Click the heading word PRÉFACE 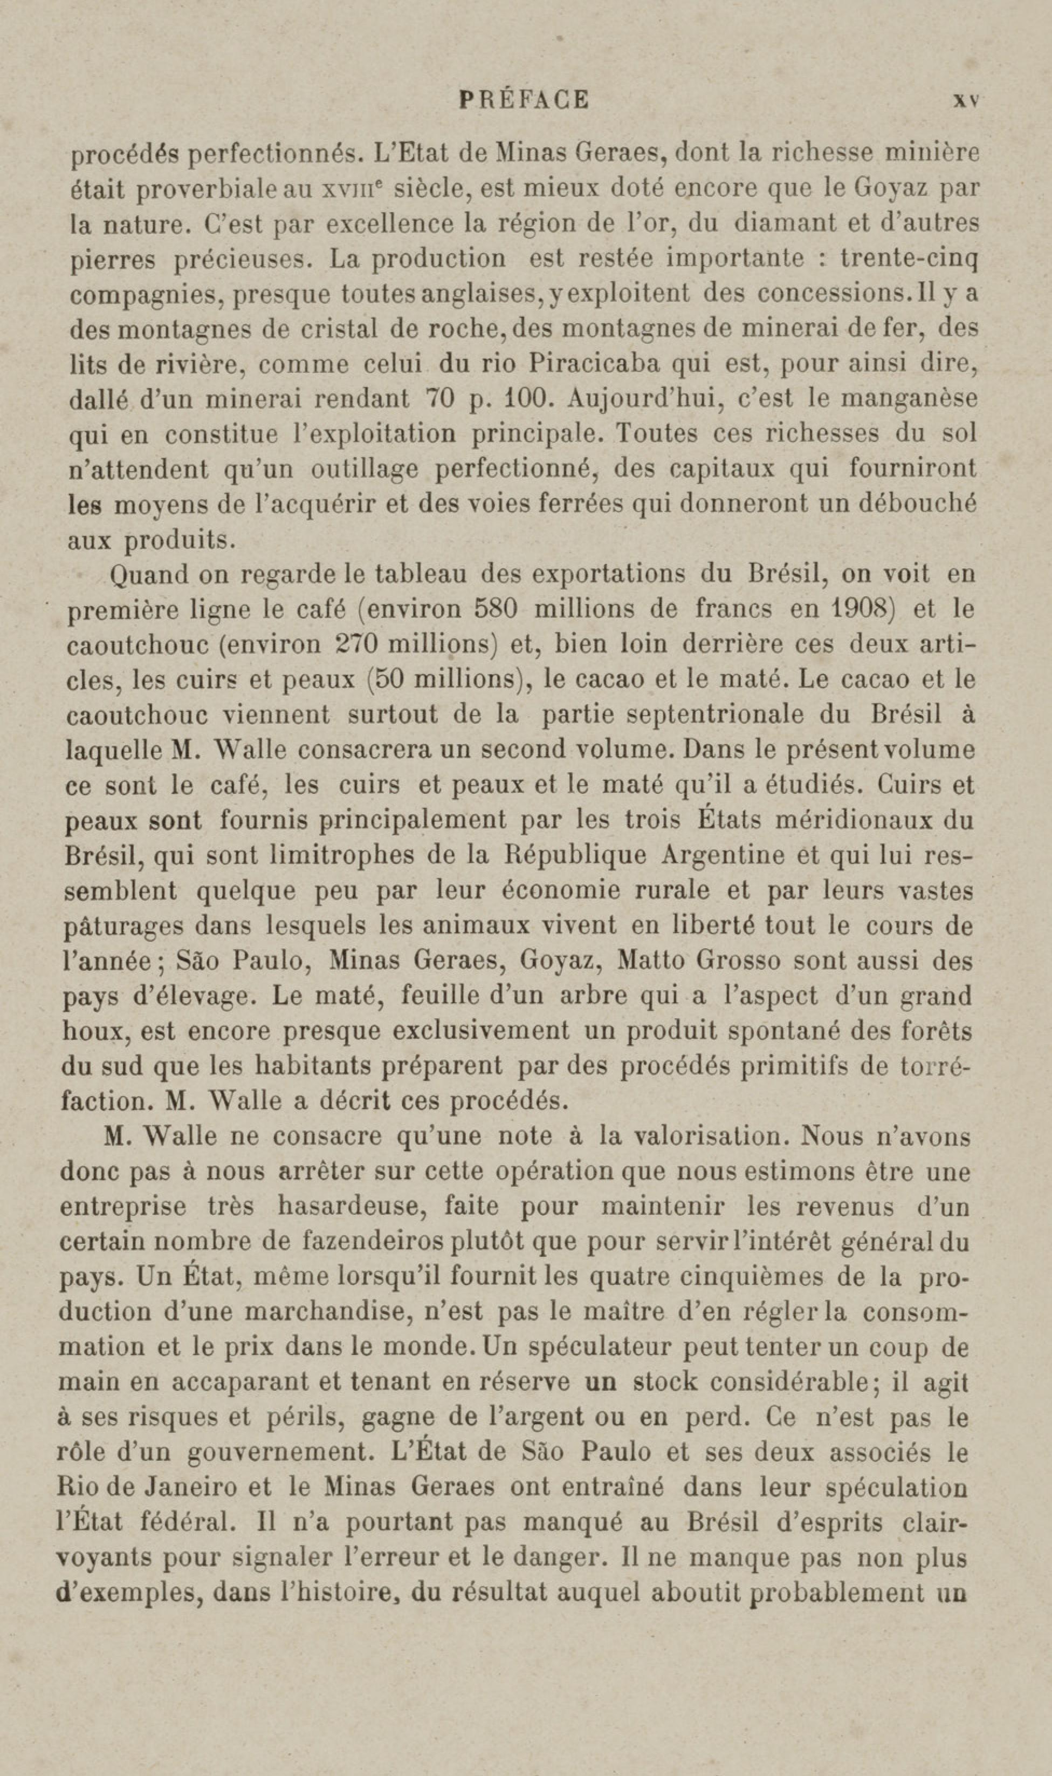[524, 99]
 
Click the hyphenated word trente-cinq [909, 258]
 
